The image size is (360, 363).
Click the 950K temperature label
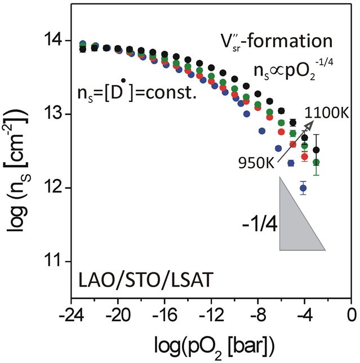click(x=256, y=163)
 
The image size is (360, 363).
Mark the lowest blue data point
click(x=303, y=188)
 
